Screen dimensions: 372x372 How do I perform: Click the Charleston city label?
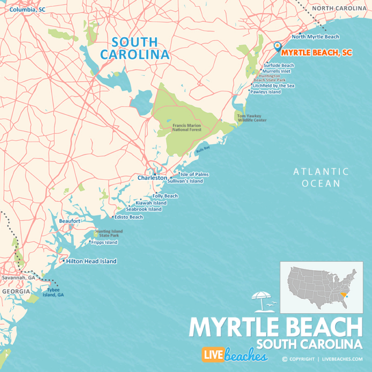coord(152,178)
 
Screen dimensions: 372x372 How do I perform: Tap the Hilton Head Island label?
coord(91,261)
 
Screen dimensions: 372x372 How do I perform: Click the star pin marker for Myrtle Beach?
coord(277,46)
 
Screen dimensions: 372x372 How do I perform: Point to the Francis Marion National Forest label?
coord(187,127)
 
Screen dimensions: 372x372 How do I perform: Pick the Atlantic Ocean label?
coord(321,177)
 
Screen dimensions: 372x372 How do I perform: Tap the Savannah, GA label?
coord(18,277)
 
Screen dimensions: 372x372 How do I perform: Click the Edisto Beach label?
coord(129,217)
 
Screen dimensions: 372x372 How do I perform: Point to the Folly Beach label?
coord(165,196)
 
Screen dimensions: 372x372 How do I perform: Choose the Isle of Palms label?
coord(194,174)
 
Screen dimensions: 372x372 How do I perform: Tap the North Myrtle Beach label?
coord(315,37)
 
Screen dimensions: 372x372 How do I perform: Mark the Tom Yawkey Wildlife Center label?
coord(251,118)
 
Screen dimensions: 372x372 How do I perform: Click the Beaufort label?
coord(69,221)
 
